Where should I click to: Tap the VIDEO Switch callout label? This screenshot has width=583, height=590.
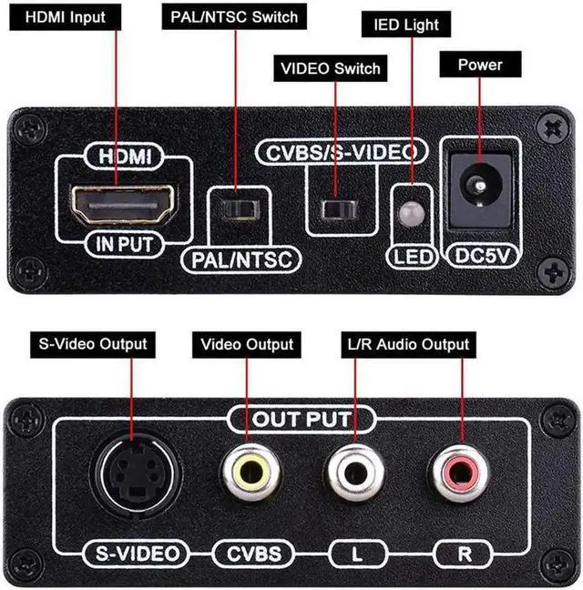coord(331,68)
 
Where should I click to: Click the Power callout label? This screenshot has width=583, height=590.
coord(480,65)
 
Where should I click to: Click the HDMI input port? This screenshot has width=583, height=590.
coord(124,203)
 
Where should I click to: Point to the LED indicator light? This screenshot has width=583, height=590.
coord(411,213)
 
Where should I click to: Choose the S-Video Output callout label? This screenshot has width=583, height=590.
coord(90,344)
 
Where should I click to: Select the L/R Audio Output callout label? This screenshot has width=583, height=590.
coord(407,344)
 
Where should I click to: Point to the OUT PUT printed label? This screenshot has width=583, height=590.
coord(302,420)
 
